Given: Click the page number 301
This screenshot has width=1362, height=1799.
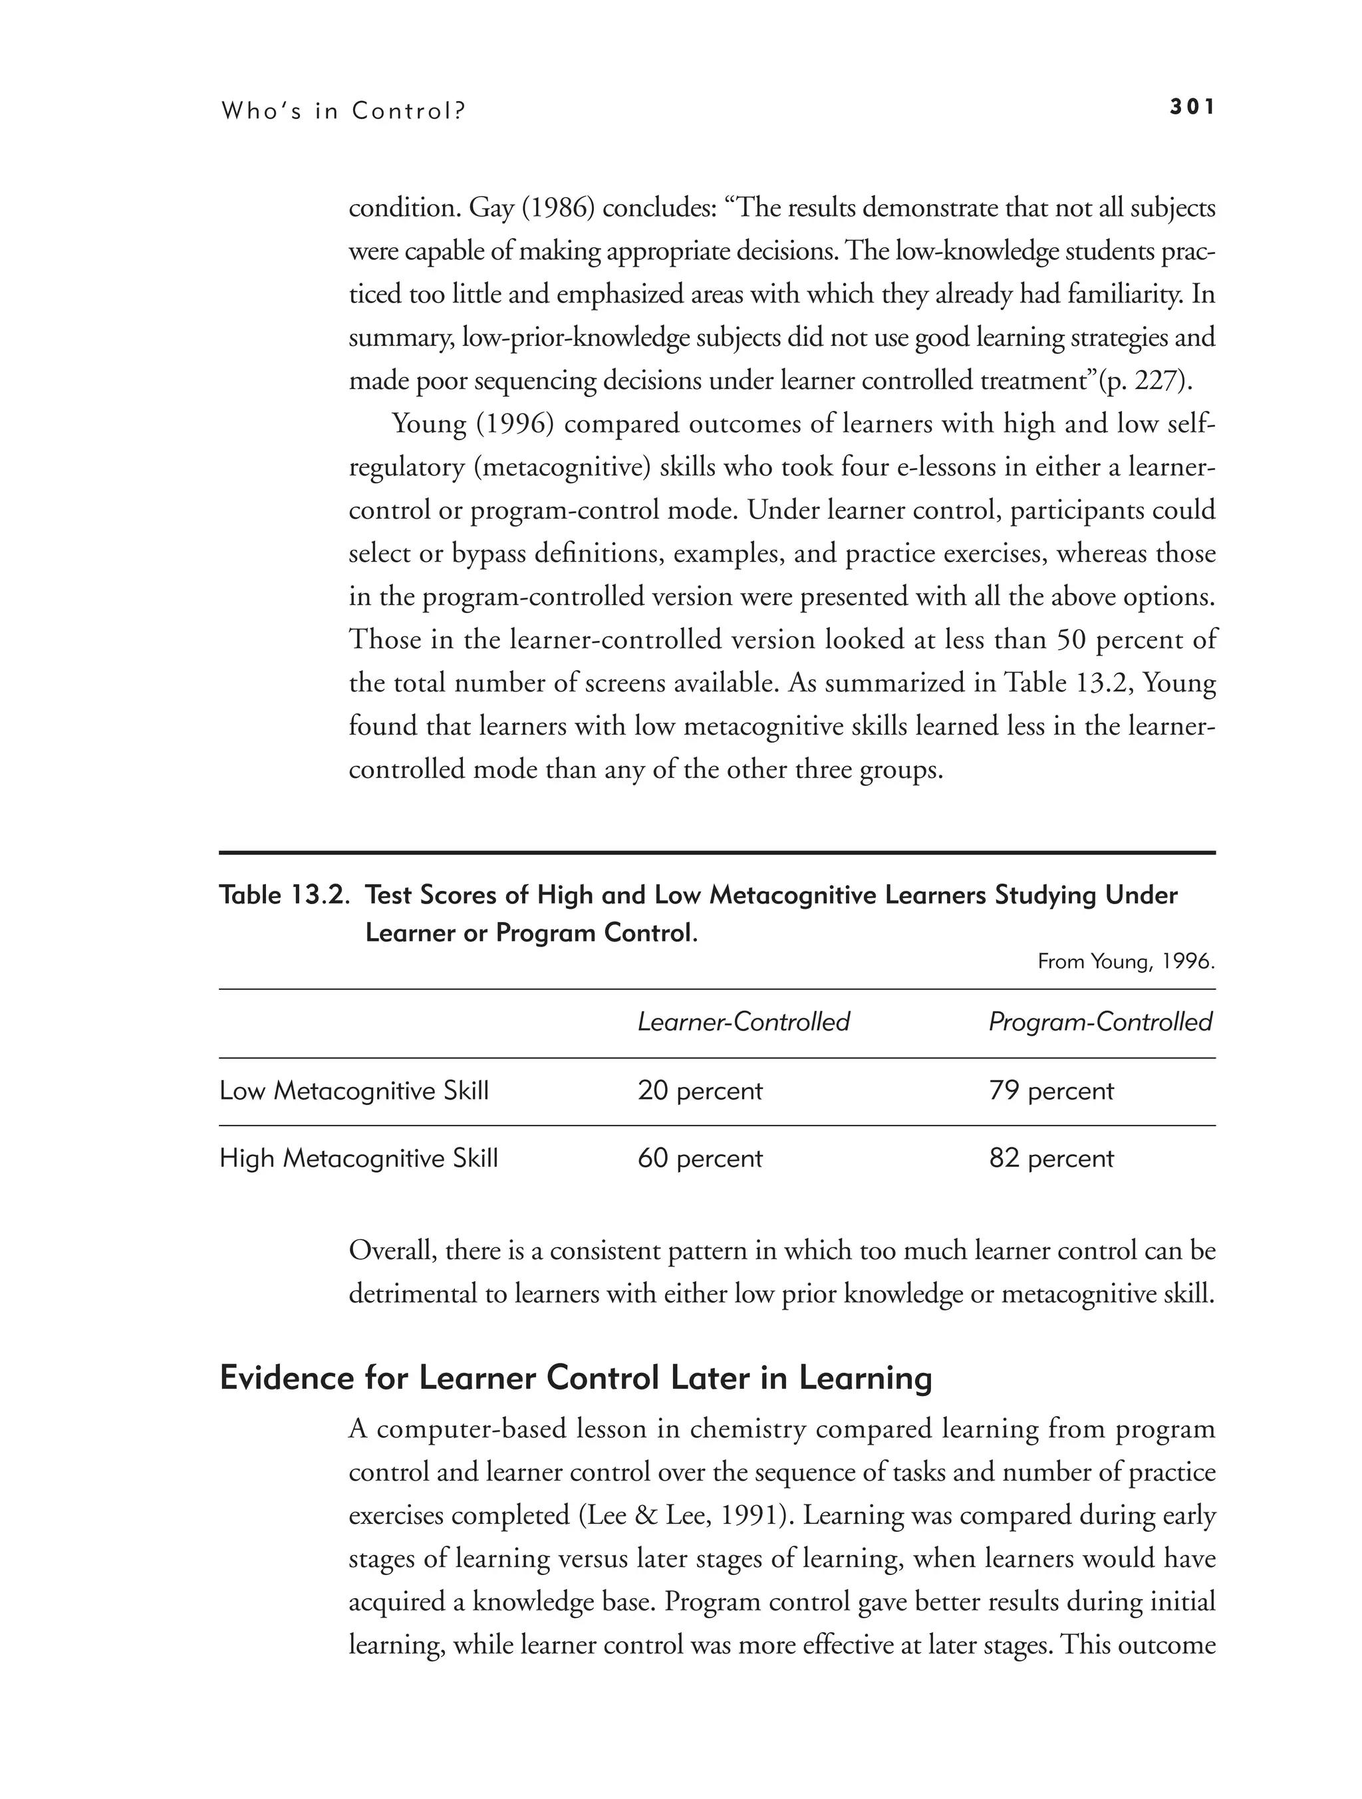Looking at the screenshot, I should (1192, 107).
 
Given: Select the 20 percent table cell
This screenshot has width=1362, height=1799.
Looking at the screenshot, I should (700, 1090).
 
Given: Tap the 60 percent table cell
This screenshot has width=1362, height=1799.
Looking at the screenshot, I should (700, 1158).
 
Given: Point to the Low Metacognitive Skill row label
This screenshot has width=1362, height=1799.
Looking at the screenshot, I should (354, 1090).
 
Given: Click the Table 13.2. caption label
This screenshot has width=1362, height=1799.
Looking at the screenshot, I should (285, 896).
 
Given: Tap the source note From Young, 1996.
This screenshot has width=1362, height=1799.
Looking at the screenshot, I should (1126, 962).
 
